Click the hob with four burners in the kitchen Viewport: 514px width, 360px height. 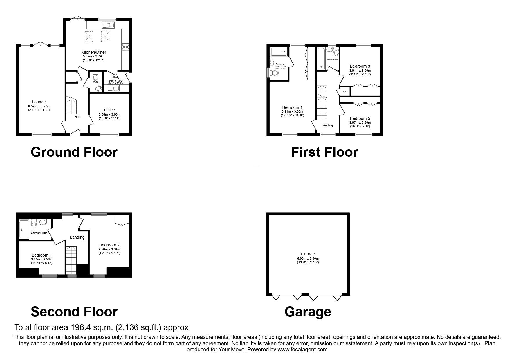125,47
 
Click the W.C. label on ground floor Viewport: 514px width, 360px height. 96,82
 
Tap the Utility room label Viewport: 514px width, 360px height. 116,77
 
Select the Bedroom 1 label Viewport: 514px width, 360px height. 292,107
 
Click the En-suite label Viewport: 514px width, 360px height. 280,64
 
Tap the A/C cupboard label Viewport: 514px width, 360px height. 345,91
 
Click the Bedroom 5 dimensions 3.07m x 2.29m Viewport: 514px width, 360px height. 360,123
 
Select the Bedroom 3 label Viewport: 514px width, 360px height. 360,66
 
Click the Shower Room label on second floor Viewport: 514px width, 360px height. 39,233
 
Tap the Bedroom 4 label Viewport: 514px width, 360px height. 42,255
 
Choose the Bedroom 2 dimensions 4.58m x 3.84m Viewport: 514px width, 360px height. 109,249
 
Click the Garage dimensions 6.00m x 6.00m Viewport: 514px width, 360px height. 308,258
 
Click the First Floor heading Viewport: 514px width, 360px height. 324,152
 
